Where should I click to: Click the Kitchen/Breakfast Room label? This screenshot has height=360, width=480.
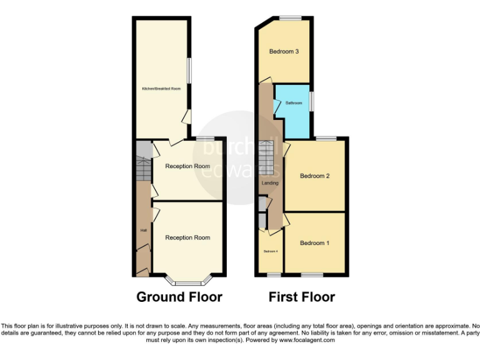[x=159, y=89]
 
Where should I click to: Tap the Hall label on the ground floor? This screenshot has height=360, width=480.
[x=143, y=231]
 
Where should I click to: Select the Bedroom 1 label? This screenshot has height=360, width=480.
[x=314, y=242]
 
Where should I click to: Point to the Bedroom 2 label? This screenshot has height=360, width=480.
[x=314, y=176]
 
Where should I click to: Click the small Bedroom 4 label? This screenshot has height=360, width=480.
[x=270, y=251]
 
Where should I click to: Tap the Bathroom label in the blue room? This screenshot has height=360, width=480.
[x=294, y=102]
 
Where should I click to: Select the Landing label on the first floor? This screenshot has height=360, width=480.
[x=270, y=183]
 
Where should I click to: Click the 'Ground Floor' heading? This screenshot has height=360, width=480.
[x=179, y=297]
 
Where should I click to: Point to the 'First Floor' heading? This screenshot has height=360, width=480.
[x=302, y=297]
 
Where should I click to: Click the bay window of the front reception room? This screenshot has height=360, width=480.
[x=187, y=281]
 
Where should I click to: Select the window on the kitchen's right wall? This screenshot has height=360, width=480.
[x=190, y=70]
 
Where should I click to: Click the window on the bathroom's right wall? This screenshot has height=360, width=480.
[x=312, y=101]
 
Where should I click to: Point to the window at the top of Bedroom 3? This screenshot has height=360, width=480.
[x=289, y=18]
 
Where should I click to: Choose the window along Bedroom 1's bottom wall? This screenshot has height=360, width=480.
[x=312, y=275]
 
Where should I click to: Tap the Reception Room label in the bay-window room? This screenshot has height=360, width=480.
[x=187, y=237]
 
